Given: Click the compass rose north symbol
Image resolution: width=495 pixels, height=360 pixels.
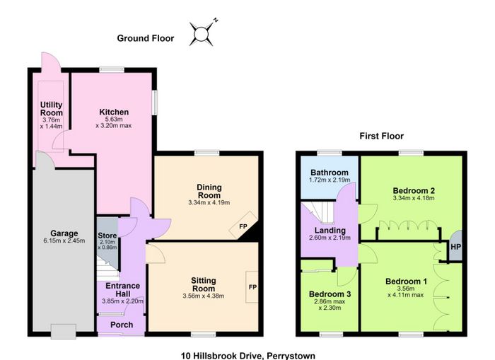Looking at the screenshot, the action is point(201,34).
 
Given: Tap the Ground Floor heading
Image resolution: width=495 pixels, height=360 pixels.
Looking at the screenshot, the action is point(146,38).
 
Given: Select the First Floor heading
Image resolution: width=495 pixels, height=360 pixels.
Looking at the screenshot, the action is point(381,136).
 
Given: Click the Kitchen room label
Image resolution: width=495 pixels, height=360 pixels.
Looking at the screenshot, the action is point(114,112).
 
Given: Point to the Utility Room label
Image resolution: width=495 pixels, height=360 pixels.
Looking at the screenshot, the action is point(52,109).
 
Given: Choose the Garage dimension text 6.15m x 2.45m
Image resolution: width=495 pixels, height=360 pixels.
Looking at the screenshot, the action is point(64,240).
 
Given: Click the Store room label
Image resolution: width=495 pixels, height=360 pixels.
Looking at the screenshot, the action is point(107,236).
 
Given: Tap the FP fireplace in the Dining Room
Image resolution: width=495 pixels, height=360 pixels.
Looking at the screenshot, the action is point(243,226).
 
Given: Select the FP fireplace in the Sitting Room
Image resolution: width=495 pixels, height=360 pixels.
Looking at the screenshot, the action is point(252,287).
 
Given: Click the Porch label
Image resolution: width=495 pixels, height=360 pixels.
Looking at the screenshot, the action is point(122,325).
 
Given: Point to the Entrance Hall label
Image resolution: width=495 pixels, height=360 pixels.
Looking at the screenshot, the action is point(122,289).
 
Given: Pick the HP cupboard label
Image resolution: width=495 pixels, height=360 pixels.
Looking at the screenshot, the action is point(455,247).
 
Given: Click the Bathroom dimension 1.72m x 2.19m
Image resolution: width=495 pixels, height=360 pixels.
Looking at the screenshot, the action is point(330,180).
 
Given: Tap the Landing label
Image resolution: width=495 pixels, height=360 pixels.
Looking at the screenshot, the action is point(330,230).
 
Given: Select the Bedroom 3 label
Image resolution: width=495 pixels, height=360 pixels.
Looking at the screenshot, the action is point(330,294).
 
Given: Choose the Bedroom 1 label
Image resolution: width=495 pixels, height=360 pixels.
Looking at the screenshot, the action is point(407,281).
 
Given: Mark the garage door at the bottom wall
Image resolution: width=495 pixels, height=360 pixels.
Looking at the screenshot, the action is point(64,332).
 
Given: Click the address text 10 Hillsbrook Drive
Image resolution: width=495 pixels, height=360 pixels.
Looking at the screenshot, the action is point(221,356).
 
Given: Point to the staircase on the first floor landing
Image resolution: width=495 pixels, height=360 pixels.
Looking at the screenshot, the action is point(318,213).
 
